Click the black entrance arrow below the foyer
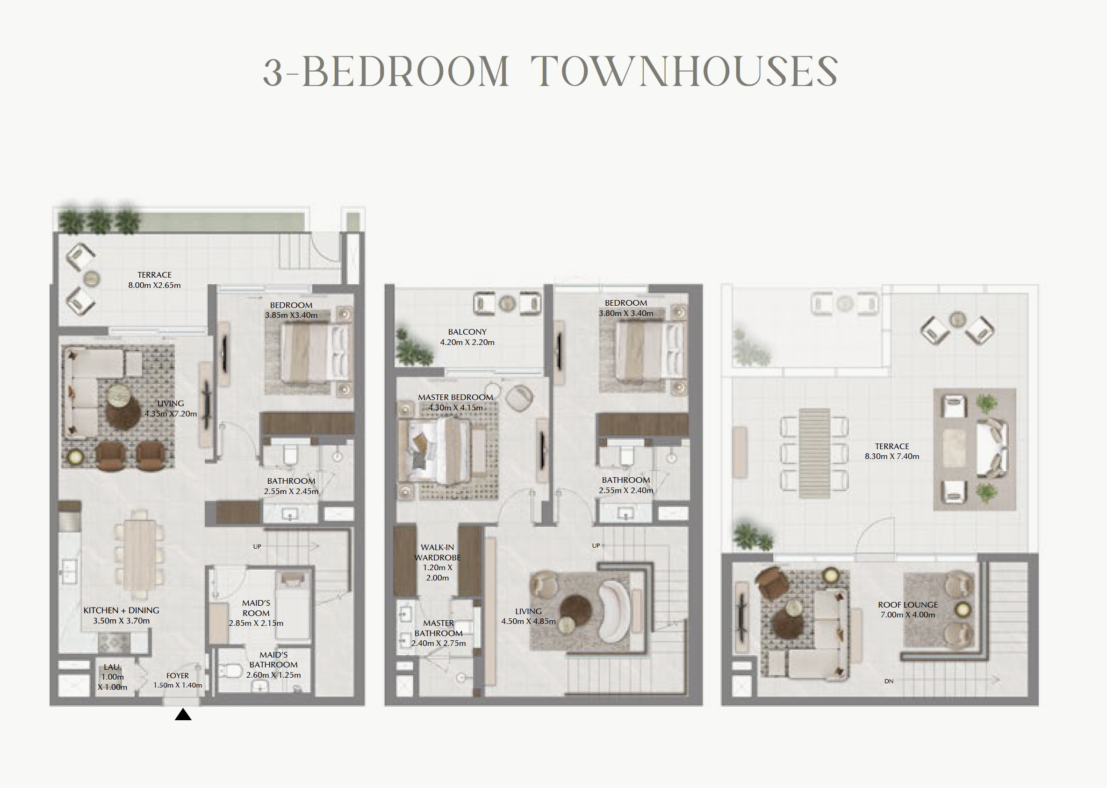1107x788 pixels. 183,714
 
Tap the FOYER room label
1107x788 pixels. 178,675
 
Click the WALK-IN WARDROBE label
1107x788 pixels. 437,552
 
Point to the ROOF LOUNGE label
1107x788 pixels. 907,605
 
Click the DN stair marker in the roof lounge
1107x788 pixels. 889,681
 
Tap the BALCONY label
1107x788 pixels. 467,332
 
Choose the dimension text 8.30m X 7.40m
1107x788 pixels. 892,456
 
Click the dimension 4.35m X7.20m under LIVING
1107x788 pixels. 171,414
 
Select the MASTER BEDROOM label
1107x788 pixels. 455,397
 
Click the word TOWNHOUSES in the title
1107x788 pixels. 684,72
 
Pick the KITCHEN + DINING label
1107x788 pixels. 122,610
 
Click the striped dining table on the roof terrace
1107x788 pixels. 814,453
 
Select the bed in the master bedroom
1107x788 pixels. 435,451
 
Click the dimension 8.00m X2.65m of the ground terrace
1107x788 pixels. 154,285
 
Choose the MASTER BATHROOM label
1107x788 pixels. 438,628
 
